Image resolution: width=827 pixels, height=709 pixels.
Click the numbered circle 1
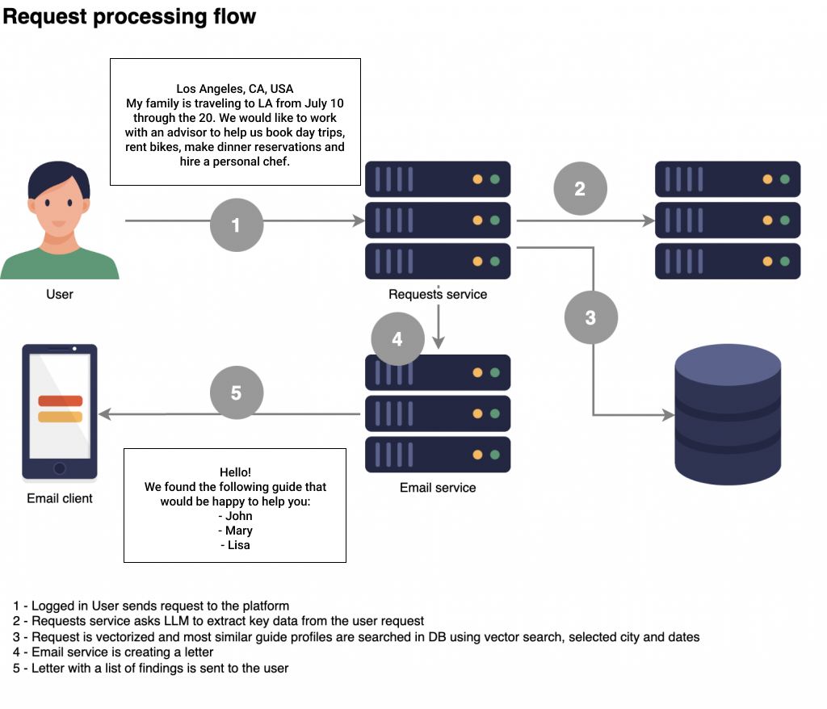[x=236, y=225]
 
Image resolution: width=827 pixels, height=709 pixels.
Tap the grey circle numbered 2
[x=580, y=189]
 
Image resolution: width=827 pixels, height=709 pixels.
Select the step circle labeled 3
[x=590, y=317]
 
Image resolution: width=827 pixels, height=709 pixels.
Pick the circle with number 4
[x=397, y=339]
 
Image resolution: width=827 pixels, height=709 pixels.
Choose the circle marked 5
[x=236, y=392]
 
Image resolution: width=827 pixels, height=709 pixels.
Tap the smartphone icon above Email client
[x=60, y=413]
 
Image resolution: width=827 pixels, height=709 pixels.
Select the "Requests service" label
[x=438, y=294]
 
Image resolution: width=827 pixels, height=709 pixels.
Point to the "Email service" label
[x=438, y=488]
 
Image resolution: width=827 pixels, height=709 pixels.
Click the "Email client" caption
[x=60, y=498]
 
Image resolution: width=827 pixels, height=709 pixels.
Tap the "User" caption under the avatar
[x=60, y=294]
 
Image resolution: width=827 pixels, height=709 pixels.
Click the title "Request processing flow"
[x=130, y=16]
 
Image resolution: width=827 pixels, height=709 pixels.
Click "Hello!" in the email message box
[x=235, y=472]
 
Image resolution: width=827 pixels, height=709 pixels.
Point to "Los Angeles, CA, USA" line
[x=235, y=89]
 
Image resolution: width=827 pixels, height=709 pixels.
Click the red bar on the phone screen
[x=60, y=401]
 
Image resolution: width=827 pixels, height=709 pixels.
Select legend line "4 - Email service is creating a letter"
[x=114, y=652]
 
